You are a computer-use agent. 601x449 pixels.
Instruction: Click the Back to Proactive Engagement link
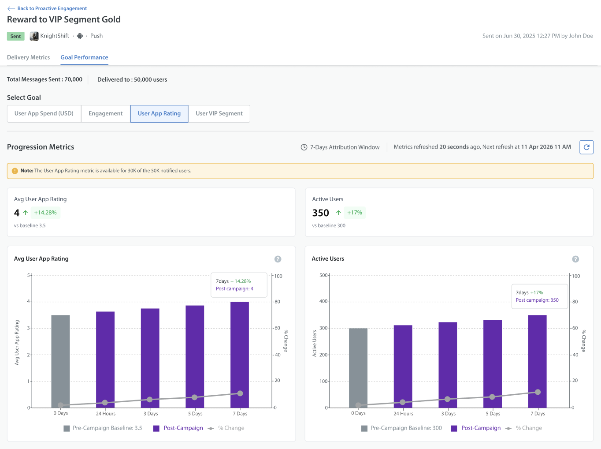[47, 8]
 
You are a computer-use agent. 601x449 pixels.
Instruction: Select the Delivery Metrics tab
[29, 57]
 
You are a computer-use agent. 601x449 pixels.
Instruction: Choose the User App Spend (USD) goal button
[44, 113]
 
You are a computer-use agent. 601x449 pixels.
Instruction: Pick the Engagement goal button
[106, 113]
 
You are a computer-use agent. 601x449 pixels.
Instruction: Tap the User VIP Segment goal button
[219, 113]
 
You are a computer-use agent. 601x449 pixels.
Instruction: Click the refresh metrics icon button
[586, 147]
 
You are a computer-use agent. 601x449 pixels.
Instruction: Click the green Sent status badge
[15, 36]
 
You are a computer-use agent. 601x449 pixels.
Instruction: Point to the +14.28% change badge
[45, 213]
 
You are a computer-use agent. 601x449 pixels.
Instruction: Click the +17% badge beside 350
[355, 213]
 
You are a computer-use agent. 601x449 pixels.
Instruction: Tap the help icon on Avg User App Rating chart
[278, 259]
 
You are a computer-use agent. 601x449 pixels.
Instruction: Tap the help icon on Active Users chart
[575, 259]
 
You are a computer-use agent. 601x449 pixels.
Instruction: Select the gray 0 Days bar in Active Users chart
[358, 368]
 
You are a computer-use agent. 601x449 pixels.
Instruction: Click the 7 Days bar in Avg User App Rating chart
[240, 355]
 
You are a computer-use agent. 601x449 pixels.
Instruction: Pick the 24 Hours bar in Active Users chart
[403, 366]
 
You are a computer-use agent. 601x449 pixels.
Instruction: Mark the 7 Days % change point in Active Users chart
[538, 392]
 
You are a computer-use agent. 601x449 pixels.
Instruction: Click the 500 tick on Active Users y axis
[323, 275]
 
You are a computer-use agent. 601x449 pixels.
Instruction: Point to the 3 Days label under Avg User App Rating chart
[151, 413]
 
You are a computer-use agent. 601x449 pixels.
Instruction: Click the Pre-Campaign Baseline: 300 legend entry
[401, 428]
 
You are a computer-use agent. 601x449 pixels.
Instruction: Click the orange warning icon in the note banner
[15, 171]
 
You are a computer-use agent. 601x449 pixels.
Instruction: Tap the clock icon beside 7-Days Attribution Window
[304, 147]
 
